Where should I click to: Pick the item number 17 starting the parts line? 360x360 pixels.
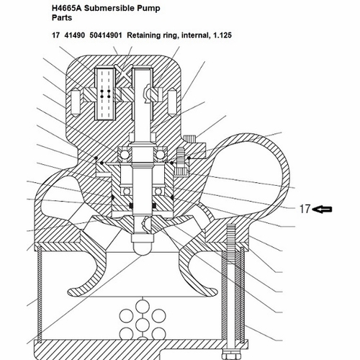pos(55,35)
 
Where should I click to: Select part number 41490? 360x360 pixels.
pos(75,35)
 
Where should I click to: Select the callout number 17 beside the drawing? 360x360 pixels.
pos(305,210)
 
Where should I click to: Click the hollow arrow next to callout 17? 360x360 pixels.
pos(323,210)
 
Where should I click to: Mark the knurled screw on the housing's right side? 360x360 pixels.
pos(191,139)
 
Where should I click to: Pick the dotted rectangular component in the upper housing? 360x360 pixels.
pos(105,94)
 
